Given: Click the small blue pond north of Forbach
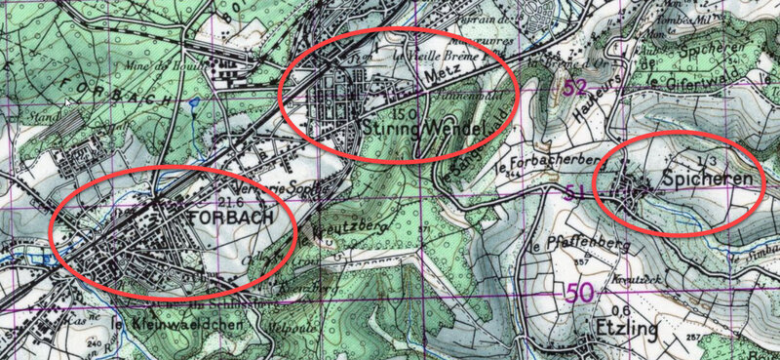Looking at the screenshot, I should tap(197, 100).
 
